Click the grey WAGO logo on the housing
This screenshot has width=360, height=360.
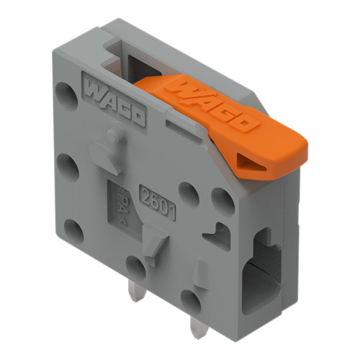coord(115,103)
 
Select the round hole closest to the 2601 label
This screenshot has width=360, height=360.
coord(189,193)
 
